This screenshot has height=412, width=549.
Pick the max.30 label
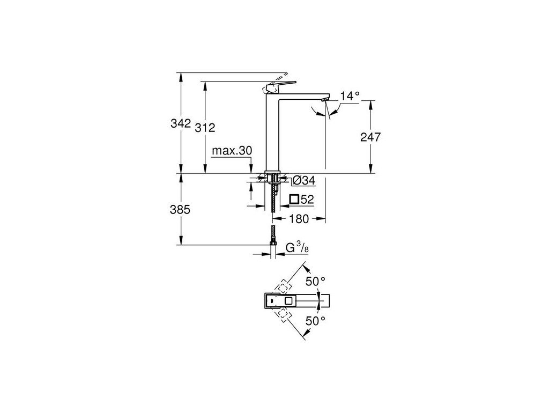pos(232,151)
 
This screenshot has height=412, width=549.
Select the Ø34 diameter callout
pos(303,179)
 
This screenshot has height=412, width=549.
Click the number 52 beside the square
pos(307,200)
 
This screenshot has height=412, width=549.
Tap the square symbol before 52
pos(294,200)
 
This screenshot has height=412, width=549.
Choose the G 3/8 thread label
pos(296,248)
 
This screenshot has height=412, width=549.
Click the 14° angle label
pos(350,96)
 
